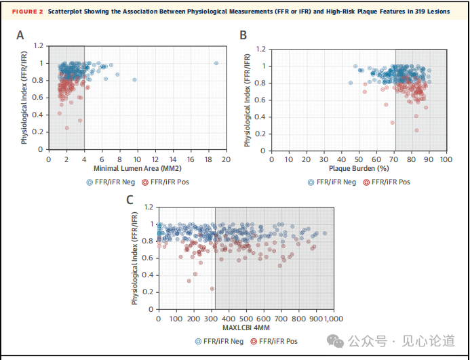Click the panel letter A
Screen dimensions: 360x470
(x=21, y=35)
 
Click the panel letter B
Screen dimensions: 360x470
(x=243, y=35)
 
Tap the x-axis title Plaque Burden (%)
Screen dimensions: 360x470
(x=358, y=169)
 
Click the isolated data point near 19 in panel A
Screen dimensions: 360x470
(x=216, y=63)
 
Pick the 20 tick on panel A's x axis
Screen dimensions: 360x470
(x=225, y=159)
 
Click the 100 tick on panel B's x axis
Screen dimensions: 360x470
(x=446, y=159)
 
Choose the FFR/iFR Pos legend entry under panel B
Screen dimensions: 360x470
(x=387, y=182)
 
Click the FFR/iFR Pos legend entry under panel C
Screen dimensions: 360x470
(x=275, y=341)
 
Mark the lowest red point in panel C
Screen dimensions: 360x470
(x=212, y=289)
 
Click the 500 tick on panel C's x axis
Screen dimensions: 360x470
(x=246, y=319)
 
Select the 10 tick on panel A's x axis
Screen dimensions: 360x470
(x=137, y=159)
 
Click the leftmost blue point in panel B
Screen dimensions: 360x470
(x=350, y=83)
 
